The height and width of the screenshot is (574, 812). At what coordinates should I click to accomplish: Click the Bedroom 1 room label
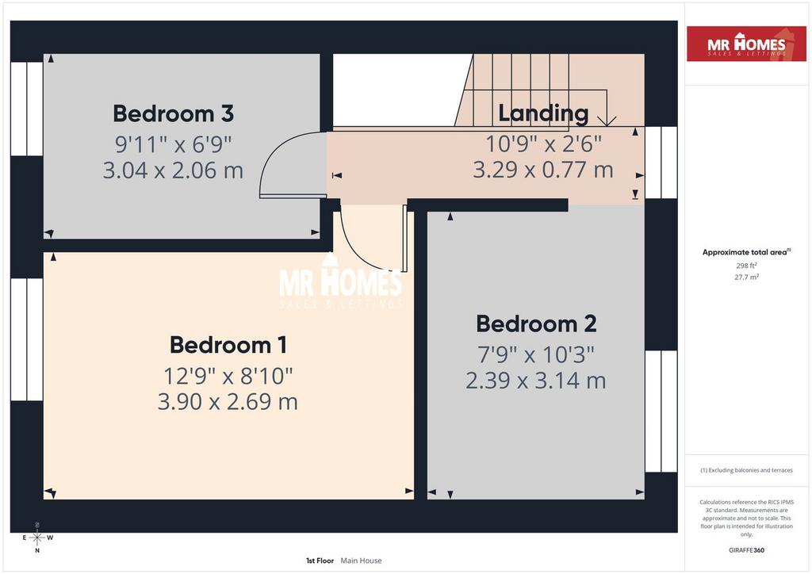click(x=228, y=345)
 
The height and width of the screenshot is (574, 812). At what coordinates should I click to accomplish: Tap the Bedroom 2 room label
click(x=536, y=324)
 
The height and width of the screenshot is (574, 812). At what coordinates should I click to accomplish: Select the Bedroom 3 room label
click(x=173, y=113)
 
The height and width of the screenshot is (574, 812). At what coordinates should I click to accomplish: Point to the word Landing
click(x=543, y=114)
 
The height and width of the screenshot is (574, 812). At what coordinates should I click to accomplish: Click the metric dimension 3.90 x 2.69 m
click(x=228, y=402)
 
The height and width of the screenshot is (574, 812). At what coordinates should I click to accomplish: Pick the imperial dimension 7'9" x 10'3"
click(x=536, y=354)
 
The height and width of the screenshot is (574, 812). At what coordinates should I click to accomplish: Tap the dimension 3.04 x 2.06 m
click(x=173, y=170)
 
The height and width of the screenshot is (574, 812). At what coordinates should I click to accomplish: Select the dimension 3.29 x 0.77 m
click(x=543, y=170)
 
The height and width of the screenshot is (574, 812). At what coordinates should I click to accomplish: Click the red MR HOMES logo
click(x=746, y=44)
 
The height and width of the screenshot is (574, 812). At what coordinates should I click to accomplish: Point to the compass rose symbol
click(x=37, y=538)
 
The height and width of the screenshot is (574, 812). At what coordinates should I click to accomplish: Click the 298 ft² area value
click(x=746, y=266)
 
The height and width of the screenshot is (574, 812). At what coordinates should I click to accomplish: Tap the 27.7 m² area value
click(x=746, y=277)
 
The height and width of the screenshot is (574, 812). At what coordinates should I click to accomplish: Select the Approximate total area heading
click(x=746, y=252)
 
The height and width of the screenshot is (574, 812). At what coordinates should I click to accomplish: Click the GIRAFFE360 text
click(x=746, y=550)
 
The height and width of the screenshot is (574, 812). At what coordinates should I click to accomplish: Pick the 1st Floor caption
click(x=320, y=561)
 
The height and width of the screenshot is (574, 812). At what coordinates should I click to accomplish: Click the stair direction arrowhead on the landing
click(x=607, y=121)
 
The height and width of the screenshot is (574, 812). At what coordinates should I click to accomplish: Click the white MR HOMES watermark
click(x=340, y=282)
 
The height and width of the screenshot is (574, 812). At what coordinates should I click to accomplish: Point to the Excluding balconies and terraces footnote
click(x=746, y=470)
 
